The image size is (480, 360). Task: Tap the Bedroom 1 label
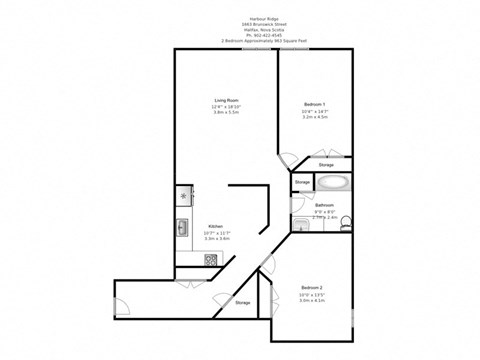pos(315,104)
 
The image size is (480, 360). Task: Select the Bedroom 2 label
pos(311,287)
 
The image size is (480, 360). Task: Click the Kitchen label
pos(215,226)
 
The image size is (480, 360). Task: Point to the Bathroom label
pos(324,206)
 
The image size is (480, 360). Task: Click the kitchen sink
pos(182,228)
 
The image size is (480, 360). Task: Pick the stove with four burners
pos(211,260)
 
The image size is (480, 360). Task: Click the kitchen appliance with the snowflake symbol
pos(183,195)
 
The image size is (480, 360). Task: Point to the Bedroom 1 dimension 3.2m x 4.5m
pos(315,117)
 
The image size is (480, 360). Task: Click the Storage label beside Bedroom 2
pos(242,301)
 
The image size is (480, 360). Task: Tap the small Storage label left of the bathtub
pos(302,182)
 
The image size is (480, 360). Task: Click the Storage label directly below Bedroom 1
pos(326,165)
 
